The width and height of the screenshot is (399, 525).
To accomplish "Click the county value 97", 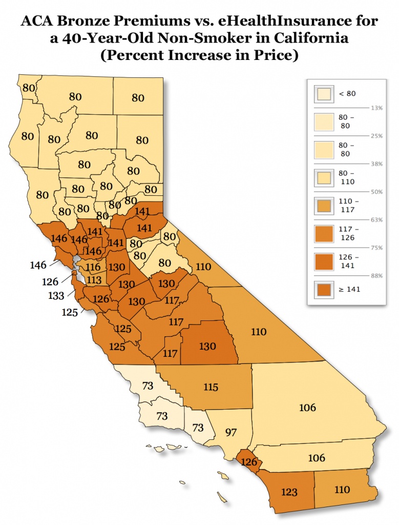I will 231,432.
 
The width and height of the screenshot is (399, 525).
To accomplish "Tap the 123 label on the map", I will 290,492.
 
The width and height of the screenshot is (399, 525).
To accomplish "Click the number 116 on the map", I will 93,268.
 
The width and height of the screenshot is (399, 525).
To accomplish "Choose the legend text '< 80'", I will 347,93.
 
